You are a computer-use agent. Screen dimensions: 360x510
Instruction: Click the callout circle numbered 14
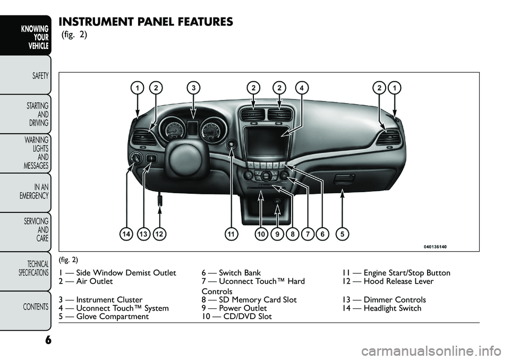[126, 233]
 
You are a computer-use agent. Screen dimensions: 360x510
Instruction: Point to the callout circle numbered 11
[231, 233]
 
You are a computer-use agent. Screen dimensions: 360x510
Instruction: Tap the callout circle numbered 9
[276, 233]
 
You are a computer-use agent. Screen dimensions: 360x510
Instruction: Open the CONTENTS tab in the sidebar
[35, 306]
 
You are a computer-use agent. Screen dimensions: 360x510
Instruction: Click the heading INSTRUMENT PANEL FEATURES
[146, 22]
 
